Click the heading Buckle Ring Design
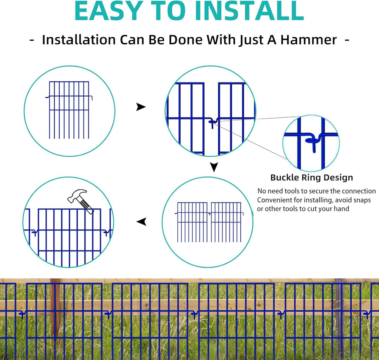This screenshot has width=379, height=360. tap(312, 178)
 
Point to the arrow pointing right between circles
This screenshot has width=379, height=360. tap(141, 107)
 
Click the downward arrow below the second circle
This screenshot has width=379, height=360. tap(214, 167)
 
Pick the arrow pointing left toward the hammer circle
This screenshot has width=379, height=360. tap(141, 222)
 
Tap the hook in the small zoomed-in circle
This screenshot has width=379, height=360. tap(311, 142)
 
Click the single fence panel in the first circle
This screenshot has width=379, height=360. tap(69, 110)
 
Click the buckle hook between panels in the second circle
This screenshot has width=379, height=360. tap(211, 122)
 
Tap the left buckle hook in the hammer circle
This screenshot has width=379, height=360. tap(34, 232)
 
